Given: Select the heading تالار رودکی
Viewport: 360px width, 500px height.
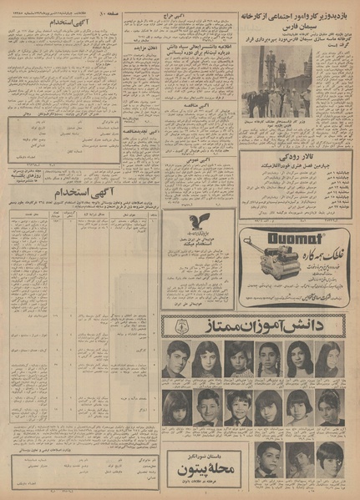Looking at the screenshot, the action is coord(299,159).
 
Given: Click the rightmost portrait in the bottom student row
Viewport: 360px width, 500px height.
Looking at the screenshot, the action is coord(327,460).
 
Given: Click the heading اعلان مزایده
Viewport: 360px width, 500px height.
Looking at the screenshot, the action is coord(147,48).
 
